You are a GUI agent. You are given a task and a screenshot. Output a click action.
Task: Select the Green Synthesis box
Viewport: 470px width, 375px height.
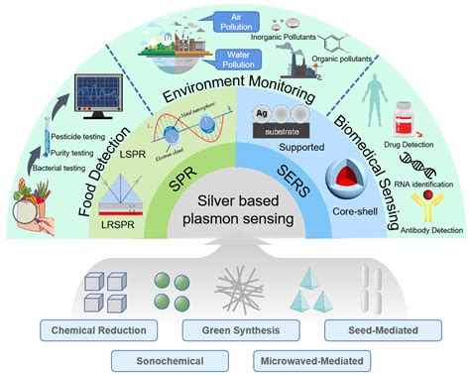point(235,327)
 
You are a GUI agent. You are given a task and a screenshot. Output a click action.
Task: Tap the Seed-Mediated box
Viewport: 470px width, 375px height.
point(367,327)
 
